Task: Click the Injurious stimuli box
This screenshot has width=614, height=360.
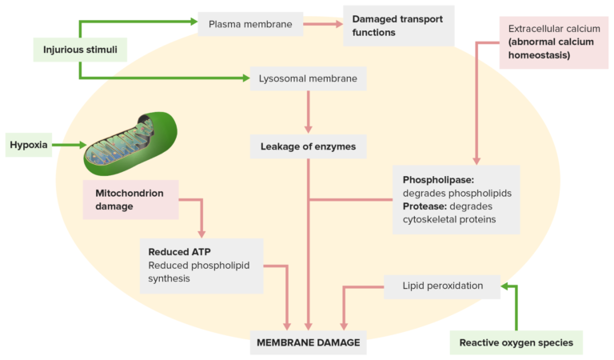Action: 81,50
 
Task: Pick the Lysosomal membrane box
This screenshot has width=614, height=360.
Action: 308,78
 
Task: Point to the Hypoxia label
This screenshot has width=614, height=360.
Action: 29,145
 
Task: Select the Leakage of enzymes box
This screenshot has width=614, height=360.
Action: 308,146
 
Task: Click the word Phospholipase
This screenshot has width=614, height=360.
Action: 438,180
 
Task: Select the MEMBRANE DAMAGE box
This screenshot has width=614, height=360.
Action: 308,342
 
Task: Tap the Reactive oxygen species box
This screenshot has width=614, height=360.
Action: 516,342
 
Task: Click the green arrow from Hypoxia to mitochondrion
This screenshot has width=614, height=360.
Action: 67,145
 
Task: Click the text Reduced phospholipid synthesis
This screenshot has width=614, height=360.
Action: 192,272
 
